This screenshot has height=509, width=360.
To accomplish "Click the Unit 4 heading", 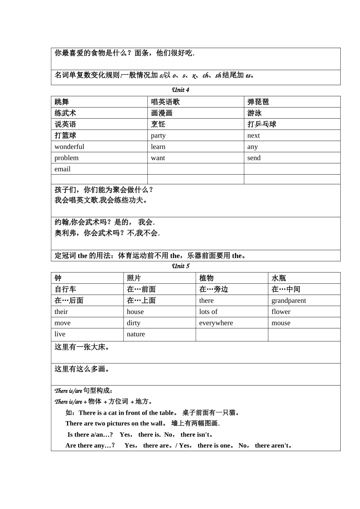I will point(180,90).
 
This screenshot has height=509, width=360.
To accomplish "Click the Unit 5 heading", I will point(180,266).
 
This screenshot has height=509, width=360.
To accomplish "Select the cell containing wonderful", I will point(69,147).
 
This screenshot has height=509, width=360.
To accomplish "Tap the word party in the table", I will point(158,136).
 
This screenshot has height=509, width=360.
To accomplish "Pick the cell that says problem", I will point(67,158).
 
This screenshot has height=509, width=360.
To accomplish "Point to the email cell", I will point(63,169).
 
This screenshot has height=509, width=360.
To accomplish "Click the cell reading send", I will point(254,158).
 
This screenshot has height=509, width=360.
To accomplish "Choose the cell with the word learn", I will point(158,147).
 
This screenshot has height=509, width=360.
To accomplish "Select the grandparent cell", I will point(289,301).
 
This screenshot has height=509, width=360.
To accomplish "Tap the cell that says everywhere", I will point(216,323).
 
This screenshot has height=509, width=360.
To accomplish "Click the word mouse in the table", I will point(281,323).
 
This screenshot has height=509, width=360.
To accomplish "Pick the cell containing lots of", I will point(208,312).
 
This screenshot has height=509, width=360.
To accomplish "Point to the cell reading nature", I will point(136,334).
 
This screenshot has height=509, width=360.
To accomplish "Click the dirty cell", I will point(133,323).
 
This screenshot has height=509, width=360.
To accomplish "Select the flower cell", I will point(281,312).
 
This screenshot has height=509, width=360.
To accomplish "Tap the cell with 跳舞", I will point(62,102).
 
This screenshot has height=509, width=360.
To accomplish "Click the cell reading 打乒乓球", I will point(262,124).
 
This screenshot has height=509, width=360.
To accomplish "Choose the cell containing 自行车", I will point(65,289).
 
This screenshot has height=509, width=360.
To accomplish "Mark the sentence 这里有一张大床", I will point(82,347).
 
